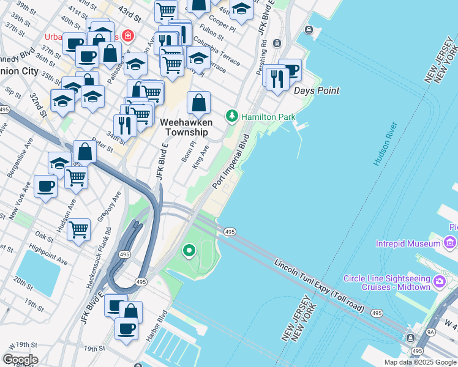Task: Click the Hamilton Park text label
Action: point(268,117)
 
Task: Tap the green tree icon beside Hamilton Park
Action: point(232,116)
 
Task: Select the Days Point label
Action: point(316,91)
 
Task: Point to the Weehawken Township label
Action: point(184,127)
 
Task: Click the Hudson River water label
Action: point(385,144)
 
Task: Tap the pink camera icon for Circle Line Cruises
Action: point(439,282)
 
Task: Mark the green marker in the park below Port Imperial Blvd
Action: point(190,250)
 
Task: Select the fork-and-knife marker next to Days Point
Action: point(277,79)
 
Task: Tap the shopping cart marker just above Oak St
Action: point(79,230)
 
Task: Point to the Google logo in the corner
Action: point(20,360)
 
